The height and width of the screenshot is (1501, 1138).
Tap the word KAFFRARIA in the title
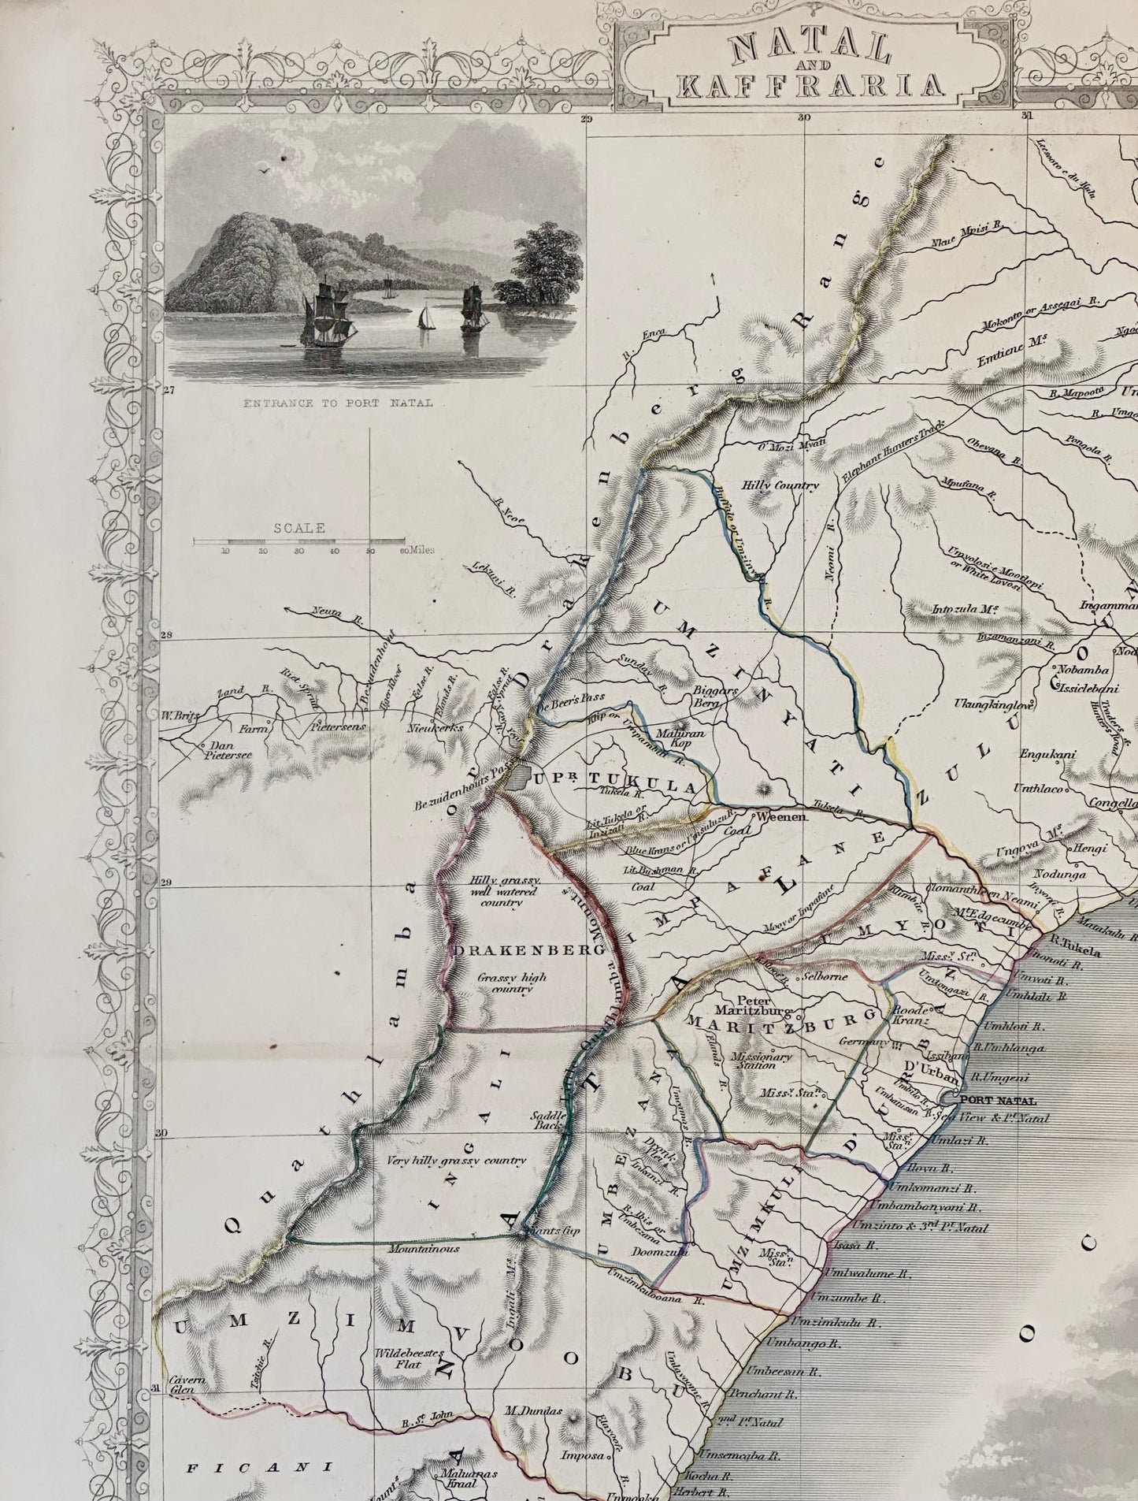(810, 84)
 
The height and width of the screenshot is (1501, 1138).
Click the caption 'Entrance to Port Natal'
(338, 403)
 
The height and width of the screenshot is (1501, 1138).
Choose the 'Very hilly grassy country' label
(457, 1161)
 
